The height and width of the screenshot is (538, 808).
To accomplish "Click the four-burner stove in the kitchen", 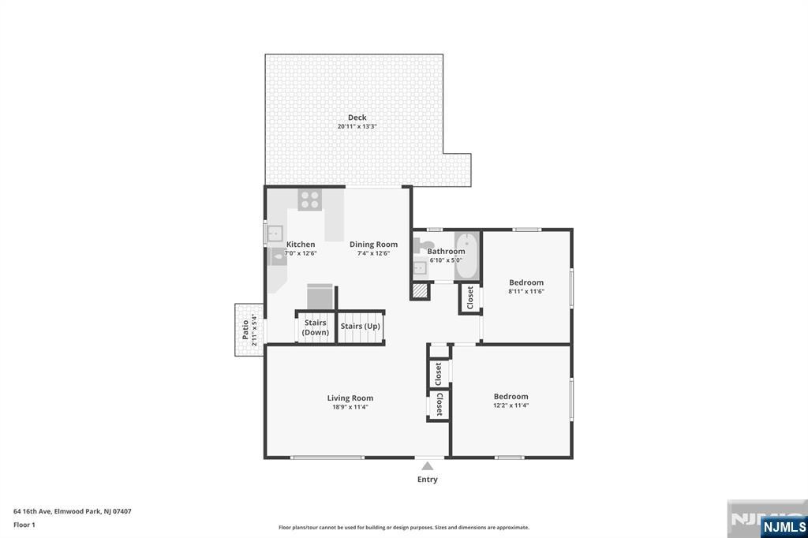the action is tap(309, 200).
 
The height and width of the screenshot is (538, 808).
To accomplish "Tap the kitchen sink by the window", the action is tap(275, 234).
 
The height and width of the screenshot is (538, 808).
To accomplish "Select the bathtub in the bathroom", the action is tap(467, 256).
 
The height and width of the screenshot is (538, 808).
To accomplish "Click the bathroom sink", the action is tap(420, 268).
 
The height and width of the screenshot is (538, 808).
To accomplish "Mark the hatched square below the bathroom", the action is tap(420, 290).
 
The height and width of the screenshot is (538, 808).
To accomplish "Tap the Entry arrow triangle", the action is tap(427, 466).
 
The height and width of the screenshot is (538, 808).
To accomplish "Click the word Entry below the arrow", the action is tap(427, 480).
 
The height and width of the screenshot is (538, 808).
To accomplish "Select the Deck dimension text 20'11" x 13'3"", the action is tap(357, 126).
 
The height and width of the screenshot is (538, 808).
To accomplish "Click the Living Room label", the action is tap(350, 398).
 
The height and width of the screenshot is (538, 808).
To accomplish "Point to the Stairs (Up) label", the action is tap(360, 327).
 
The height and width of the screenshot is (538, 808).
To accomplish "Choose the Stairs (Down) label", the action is tap(315, 327).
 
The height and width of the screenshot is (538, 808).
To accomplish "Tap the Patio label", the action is tap(245, 330).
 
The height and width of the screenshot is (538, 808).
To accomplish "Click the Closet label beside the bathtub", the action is tap(470, 298).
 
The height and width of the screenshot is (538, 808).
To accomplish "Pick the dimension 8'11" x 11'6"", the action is tap(526, 291).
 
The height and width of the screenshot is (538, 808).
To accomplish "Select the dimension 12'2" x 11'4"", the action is tap(511, 405).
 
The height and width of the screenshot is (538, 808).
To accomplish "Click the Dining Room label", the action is tap(373, 245).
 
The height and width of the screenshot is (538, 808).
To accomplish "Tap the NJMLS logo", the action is tap(784, 526).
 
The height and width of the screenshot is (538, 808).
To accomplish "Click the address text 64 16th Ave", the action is tap(32, 511).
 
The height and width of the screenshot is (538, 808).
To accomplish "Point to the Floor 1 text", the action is tap(24, 525).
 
